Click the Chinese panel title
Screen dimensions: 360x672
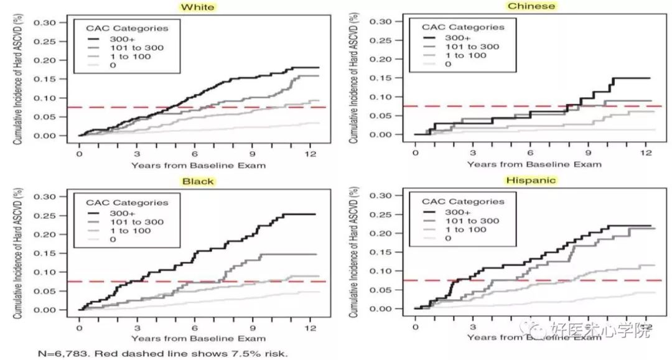[x=531, y=6]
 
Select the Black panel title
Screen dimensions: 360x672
[x=198, y=182]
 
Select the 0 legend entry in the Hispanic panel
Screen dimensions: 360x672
[x=447, y=239]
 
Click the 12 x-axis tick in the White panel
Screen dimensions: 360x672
[x=309, y=152]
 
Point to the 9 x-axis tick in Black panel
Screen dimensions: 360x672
[x=252, y=327]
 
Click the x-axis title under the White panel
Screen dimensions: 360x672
[x=198, y=165]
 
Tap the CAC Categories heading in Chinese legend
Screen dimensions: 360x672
[x=462, y=27]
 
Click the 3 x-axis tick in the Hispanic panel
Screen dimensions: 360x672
[x=473, y=326]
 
